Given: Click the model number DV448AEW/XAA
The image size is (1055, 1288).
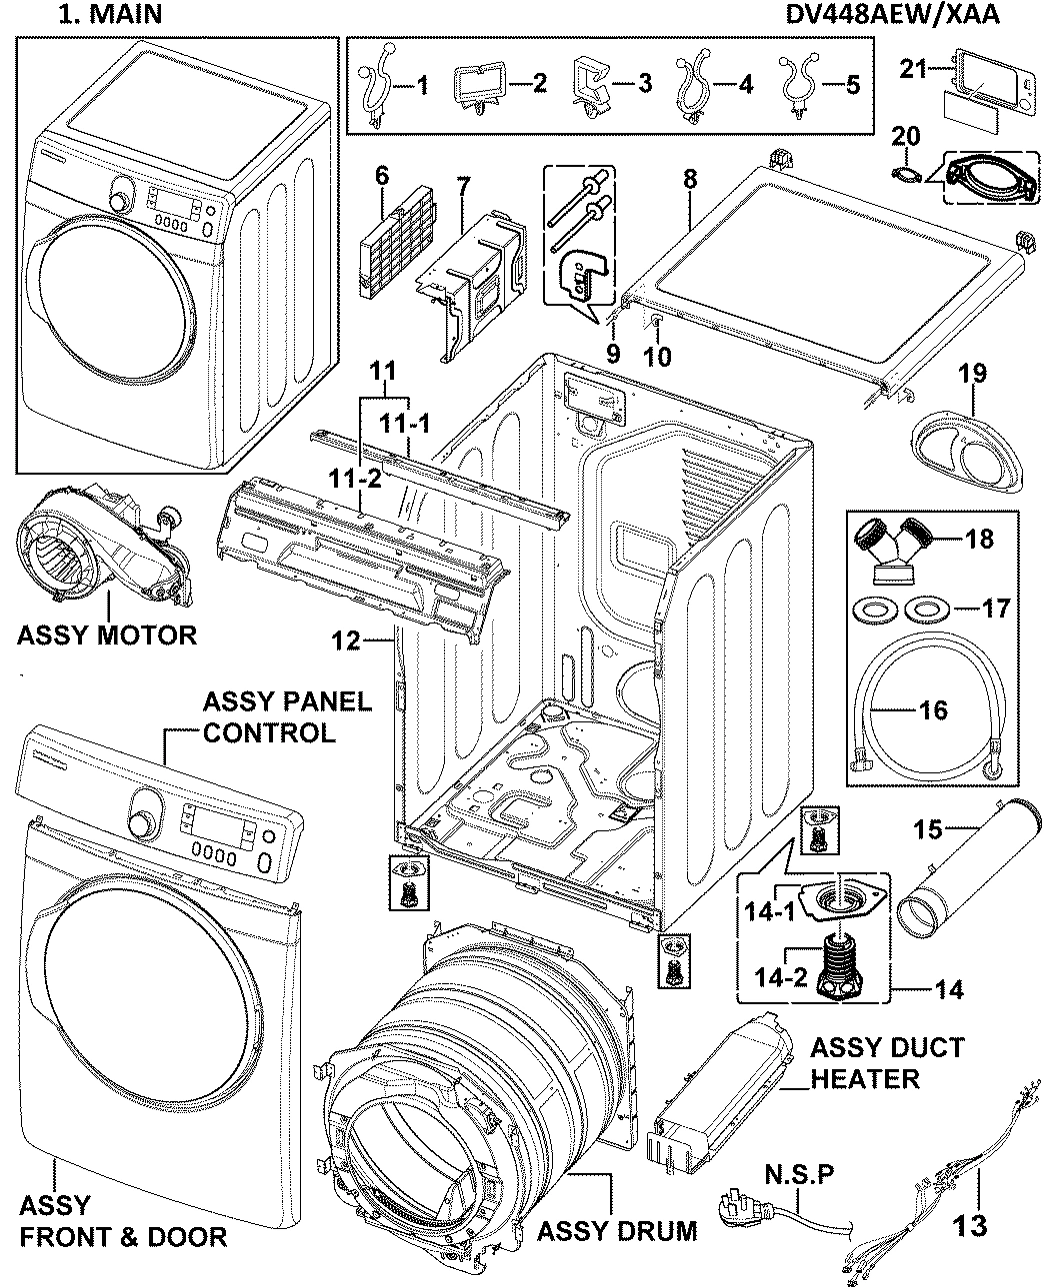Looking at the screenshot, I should pos(912,15).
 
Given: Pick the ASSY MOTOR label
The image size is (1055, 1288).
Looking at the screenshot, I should pos(106,635).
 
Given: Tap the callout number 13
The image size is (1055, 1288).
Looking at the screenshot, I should pos(970,1225).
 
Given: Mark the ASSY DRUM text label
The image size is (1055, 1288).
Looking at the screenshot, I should pos(617,1230).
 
